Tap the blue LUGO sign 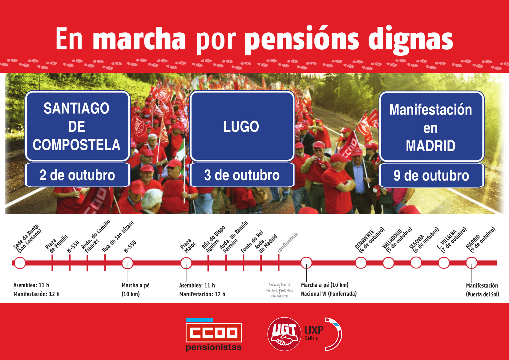click(x=242, y=126)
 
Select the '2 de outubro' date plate click(x=78, y=175)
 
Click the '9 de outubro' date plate click(x=431, y=176)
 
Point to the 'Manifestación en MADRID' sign click(x=431, y=127)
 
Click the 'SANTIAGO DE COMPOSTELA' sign click(x=78, y=126)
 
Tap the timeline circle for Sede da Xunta click(x=20, y=263)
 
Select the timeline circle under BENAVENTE click(x=361, y=263)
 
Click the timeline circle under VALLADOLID click(x=388, y=263)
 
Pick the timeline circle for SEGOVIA click(x=416, y=262)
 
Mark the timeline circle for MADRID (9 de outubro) click(x=471, y=263)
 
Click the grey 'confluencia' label click(x=288, y=242)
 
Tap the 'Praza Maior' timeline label click(x=188, y=246)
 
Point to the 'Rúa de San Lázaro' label click(x=118, y=237)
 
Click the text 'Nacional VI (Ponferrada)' click(x=329, y=294)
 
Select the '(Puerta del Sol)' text click(x=483, y=294)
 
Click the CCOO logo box click(x=214, y=333)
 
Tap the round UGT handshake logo click(x=284, y=334)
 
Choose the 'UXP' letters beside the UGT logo click(x=314, y=330)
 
